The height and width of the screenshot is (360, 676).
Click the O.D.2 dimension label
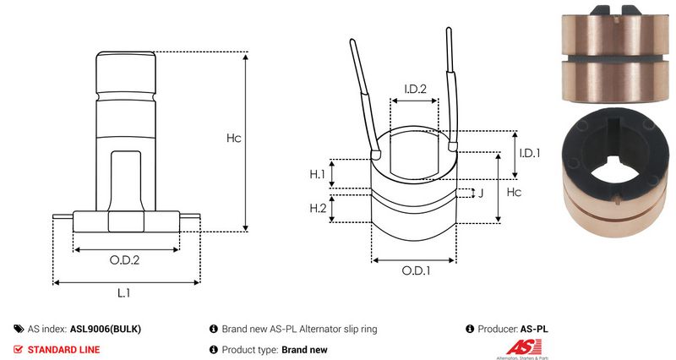tap(124, 260)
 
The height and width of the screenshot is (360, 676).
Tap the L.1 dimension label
tap(123, 293)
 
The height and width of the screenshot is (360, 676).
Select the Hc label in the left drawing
tap(234, 138)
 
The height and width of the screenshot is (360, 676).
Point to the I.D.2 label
tap(415, 89)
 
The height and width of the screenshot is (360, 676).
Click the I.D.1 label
tap(530, 153)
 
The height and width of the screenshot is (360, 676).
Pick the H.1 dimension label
tap(318, 174)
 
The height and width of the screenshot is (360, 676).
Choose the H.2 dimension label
tap(319, 208)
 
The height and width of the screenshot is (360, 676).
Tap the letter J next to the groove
tap(481, 193)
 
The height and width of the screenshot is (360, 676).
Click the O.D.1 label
tap(416, 270)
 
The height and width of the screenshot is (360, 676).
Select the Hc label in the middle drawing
tap(514, 192)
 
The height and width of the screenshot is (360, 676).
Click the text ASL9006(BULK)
tap(106, 329)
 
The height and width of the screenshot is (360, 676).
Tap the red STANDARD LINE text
tap(64, 350)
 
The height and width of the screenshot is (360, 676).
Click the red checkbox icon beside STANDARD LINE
tap(18, 350)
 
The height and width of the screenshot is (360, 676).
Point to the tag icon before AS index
tap(19, 329)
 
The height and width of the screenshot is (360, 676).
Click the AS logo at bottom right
tap(524, 347)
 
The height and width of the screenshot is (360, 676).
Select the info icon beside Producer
tap(470, 329)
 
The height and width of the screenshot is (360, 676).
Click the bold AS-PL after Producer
tap(534, 329)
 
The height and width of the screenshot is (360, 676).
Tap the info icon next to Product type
tap(214, 350)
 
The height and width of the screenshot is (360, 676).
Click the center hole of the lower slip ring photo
tap(616, 174)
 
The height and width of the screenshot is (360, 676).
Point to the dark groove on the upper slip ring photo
tap(615, 58)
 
